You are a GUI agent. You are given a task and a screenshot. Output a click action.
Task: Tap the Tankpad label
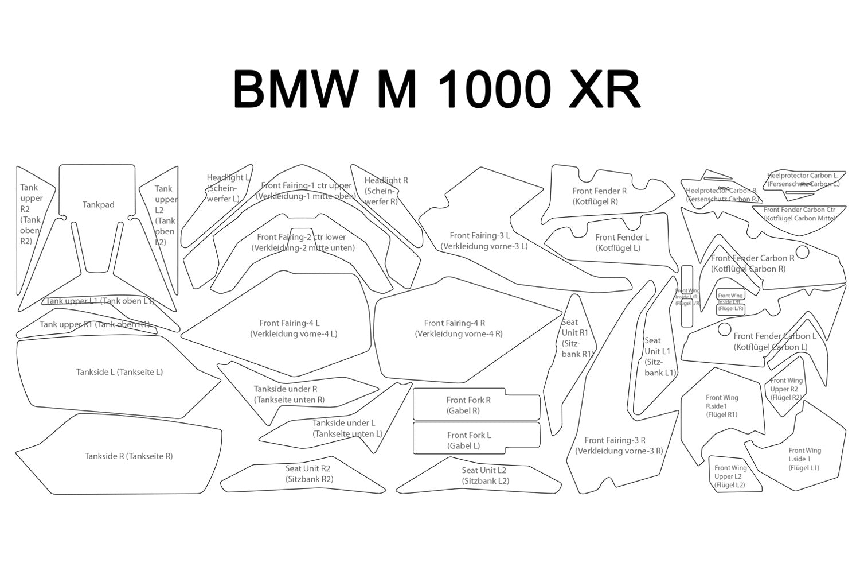tap(98, 205)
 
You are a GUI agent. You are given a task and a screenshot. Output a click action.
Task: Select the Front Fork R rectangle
tap(476, 406)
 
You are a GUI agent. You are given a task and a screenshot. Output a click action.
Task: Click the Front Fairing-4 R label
tap(459, 328)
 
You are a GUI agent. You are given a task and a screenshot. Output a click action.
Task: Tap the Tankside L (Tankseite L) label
tap(119, 372)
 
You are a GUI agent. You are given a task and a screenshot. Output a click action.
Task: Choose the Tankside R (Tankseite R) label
tap(128, 456)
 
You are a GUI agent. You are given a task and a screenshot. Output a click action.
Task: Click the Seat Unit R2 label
tap(308, 474)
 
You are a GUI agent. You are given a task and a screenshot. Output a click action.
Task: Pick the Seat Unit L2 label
tap(485, 476)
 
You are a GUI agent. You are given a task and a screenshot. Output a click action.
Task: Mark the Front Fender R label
tap(599, 196)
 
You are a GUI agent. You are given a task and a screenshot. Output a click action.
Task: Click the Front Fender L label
tap(622, 243)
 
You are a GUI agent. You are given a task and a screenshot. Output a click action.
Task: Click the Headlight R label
tap(386, 191)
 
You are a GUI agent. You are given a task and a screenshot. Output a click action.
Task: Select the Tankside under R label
tap(288, 394)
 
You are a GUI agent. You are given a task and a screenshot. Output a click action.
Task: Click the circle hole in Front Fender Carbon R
tap(802, 252)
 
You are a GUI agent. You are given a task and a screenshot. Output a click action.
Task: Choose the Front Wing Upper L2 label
tap(730, 476)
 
